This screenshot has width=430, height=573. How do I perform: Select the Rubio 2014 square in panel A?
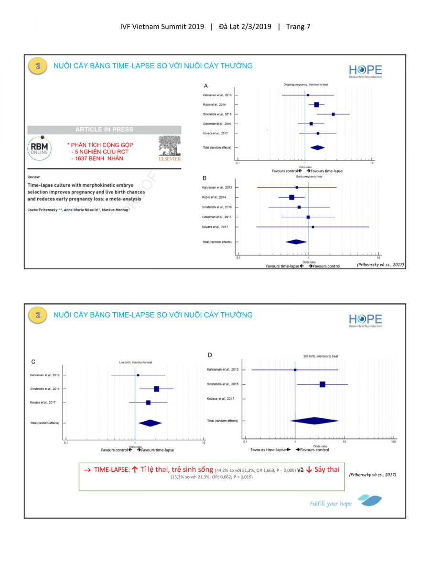[316, 105]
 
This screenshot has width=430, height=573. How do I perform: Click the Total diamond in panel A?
[317, 148]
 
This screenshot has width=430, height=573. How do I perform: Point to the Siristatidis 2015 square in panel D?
[322, 384]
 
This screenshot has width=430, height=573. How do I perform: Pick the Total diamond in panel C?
[150, 423]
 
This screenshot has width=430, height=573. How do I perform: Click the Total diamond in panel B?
[296, 242]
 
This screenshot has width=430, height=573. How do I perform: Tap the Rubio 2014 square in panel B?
[291, 197]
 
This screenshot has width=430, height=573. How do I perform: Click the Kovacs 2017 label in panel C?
[43, 403]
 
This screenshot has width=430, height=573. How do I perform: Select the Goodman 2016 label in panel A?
[217, 124]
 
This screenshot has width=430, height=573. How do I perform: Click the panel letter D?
[210, 355]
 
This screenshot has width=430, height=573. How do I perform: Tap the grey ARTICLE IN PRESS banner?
[104, 129]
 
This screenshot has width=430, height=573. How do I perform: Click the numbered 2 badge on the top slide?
[38, 66]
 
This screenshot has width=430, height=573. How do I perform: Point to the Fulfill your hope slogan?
[331, 503]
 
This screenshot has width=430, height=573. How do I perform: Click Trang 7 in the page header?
[298, 27]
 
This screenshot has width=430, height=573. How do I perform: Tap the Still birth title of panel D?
[320, 356]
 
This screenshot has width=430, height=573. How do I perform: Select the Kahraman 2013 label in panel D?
[223, 370]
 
